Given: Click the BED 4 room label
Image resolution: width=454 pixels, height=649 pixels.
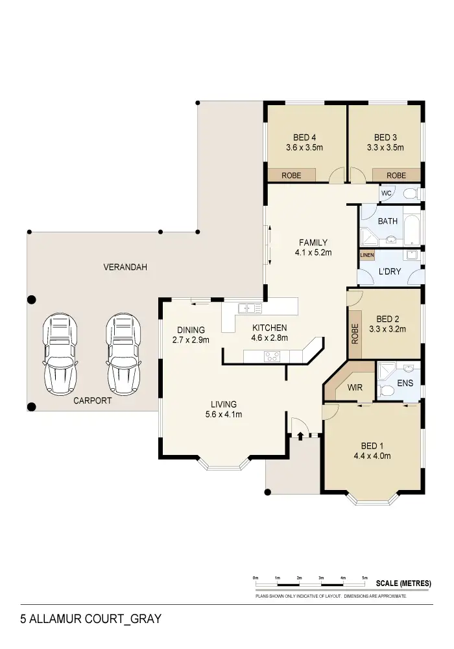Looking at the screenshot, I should pyautogui.click(x=304, y=138).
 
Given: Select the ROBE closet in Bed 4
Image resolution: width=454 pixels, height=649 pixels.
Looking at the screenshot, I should pyautogui.click(x=291, y=175).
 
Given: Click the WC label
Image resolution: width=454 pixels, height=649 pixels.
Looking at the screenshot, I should pyautogui.click(x=386, y=193).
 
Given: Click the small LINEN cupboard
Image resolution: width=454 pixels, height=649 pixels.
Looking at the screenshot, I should pyautogui.click(x=367, y=256).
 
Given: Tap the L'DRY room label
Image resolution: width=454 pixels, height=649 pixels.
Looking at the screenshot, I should pyautogui.click(x=389, y=271).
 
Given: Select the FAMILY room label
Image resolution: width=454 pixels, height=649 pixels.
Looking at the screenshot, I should pyautogui.click(x=313, y=243).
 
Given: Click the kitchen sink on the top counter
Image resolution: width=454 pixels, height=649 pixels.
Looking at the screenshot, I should pyautogui.click(x=249, y=308).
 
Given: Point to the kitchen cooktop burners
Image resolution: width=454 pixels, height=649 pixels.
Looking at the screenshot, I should pyautogui.click(x=271, y=356).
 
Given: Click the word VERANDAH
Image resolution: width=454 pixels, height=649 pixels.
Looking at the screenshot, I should pyautogui.click(x=126, y=267).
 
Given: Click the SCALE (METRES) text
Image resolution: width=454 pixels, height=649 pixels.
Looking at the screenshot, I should pyautogui.click(x=403, y=583).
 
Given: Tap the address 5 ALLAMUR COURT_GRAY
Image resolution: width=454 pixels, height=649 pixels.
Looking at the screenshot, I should pyautogui.click(x=90, y=619).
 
